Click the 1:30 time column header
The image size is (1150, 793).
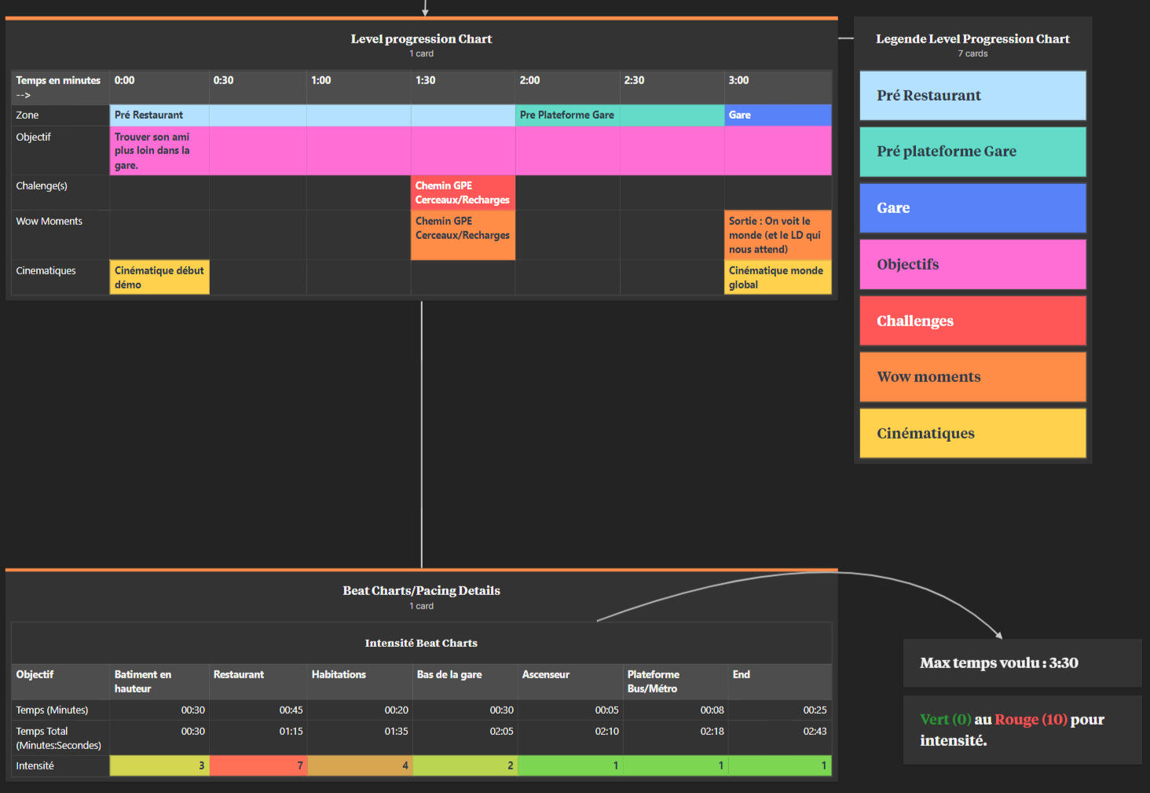[462, 86]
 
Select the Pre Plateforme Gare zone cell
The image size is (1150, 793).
[620, 115]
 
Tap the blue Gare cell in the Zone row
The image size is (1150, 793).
[778, 115]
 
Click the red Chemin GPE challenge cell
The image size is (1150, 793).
[463, 193]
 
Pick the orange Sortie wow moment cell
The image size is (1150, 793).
[778, 235]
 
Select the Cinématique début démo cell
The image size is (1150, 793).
[159, 277]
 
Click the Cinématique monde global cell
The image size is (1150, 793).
[778, 277]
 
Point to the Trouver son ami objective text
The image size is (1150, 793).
[152, 151]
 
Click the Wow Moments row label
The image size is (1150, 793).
[49, 222]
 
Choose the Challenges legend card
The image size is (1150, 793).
[973, 321]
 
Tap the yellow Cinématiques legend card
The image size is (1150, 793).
[973, 433]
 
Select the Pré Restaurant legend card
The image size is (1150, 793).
[973, 96]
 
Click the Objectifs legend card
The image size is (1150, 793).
[973, 264]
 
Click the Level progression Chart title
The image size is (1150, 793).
[421, 39]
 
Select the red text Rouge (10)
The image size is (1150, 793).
[1031, 720]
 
